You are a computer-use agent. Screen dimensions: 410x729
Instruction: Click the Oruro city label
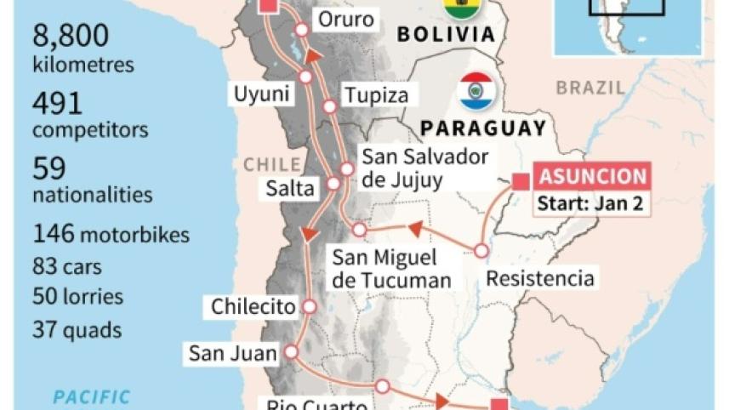click(345, 19)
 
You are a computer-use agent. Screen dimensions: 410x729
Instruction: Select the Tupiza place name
click(375, 95)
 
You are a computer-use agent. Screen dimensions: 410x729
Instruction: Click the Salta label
click(290, 188)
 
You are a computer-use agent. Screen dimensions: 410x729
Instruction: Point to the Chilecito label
click(253, 306)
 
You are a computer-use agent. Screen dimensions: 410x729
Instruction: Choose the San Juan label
click(233, 352)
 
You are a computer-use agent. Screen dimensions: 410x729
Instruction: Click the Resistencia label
click(539, 278)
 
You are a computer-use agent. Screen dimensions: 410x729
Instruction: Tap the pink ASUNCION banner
click(592, 177)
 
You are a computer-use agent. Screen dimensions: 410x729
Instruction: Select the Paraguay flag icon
click(476, 90)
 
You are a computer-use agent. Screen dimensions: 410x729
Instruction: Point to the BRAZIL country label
click(590, 88)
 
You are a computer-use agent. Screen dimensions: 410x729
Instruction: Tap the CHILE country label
click(272, 164)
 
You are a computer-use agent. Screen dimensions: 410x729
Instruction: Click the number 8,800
click(71, 36)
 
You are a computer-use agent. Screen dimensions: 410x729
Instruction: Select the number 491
click(58, 104)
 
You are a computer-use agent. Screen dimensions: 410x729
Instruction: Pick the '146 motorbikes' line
click(111, 234)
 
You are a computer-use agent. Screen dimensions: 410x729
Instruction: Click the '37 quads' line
click(77, 329)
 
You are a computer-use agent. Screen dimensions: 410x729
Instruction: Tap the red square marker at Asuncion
click(521, 180)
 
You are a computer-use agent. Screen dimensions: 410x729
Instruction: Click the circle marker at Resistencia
click(481, 251)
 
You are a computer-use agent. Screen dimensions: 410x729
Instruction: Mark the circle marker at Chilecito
click(309, 306)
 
